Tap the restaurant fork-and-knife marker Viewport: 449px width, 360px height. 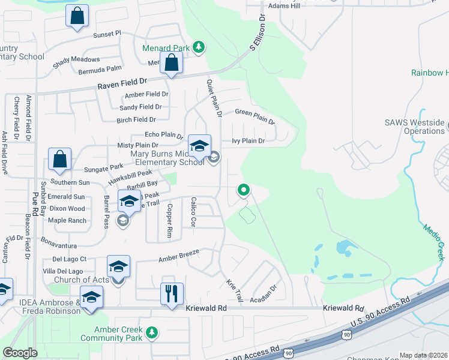[171, 293]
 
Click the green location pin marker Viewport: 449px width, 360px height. [244, 191]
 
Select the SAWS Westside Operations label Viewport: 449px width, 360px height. [415, 127]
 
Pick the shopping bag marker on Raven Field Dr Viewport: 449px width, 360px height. [172, 62]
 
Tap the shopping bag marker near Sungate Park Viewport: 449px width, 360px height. [60, 160]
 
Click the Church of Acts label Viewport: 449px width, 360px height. [81, 280]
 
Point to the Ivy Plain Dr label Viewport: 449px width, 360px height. [248, 141]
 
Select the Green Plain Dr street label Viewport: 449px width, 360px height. [255, 116]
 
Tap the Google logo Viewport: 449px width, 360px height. [20, 353]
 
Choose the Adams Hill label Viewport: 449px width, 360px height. [284, 6]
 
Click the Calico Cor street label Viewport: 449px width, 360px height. [193, 211]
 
